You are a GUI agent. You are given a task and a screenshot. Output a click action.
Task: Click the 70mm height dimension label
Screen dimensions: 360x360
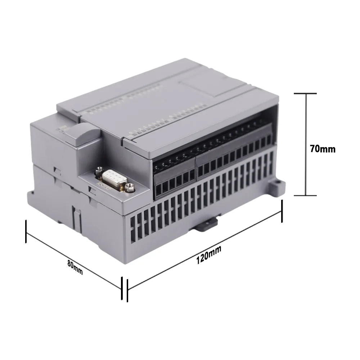(322, 148)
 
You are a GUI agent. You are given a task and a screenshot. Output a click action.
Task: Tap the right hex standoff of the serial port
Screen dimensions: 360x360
(130, 186)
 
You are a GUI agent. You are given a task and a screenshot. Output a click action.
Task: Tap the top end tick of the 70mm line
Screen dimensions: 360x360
(306, 94)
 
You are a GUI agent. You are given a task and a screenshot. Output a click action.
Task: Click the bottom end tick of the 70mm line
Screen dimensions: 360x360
(306, 195)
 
